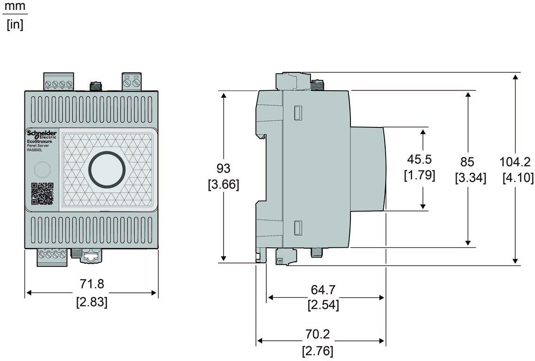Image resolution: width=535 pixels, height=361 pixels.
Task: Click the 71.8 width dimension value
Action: [92, 284]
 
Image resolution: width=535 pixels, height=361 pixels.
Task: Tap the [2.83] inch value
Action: [92, 302]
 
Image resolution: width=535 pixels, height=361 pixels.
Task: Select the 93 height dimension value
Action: [223, 168]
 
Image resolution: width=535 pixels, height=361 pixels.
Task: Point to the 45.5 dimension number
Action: [419, 159]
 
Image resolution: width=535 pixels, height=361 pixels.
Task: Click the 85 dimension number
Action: [467, 162]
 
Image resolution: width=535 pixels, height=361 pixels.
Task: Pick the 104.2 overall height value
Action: [515, 162]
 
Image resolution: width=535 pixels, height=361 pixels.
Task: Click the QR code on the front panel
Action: [42, 194]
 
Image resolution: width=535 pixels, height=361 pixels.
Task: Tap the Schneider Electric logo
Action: [42, 135]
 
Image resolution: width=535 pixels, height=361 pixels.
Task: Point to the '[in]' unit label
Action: [15, 24]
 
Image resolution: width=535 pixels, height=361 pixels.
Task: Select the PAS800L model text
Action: [35, 150]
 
